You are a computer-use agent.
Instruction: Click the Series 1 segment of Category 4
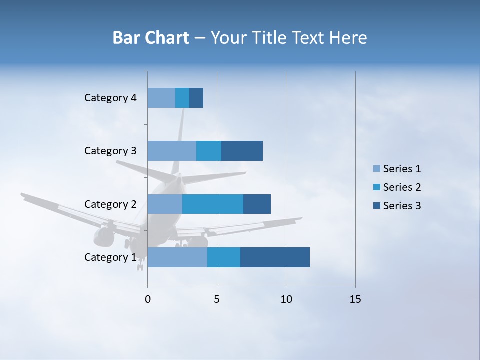(x=161, y=98)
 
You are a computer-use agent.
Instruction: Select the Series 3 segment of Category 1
(x=275, y=257)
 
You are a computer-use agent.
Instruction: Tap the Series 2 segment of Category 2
(x=213, y=204)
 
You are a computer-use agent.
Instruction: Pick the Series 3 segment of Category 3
(x=242, y=151)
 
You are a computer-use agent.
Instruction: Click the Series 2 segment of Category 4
(x=182, y=98)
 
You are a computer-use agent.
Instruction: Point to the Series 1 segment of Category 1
(x=177, y=257)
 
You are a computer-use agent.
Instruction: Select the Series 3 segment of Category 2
(x=257, y=204)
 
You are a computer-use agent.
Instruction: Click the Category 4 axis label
(x=110, y=98)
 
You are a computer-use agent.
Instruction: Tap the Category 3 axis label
(x=110, y=151)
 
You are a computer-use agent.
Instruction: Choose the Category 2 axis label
(x=110, y=204)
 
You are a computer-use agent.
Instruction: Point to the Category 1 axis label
(x=110, y=257)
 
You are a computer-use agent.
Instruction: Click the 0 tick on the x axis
(x=148, y=299)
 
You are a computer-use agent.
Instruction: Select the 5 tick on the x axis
(x=217, y=299)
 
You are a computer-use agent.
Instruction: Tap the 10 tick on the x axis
(x=286, y=299)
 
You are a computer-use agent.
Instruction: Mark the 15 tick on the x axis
(x=355, y=299)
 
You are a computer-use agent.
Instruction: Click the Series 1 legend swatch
(x=376, y=169)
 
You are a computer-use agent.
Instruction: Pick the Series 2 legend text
(x=402, y=187)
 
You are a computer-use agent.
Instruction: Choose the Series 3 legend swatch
(x=376, y=206)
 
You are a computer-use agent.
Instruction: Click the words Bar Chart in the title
(x=151, y=38)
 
